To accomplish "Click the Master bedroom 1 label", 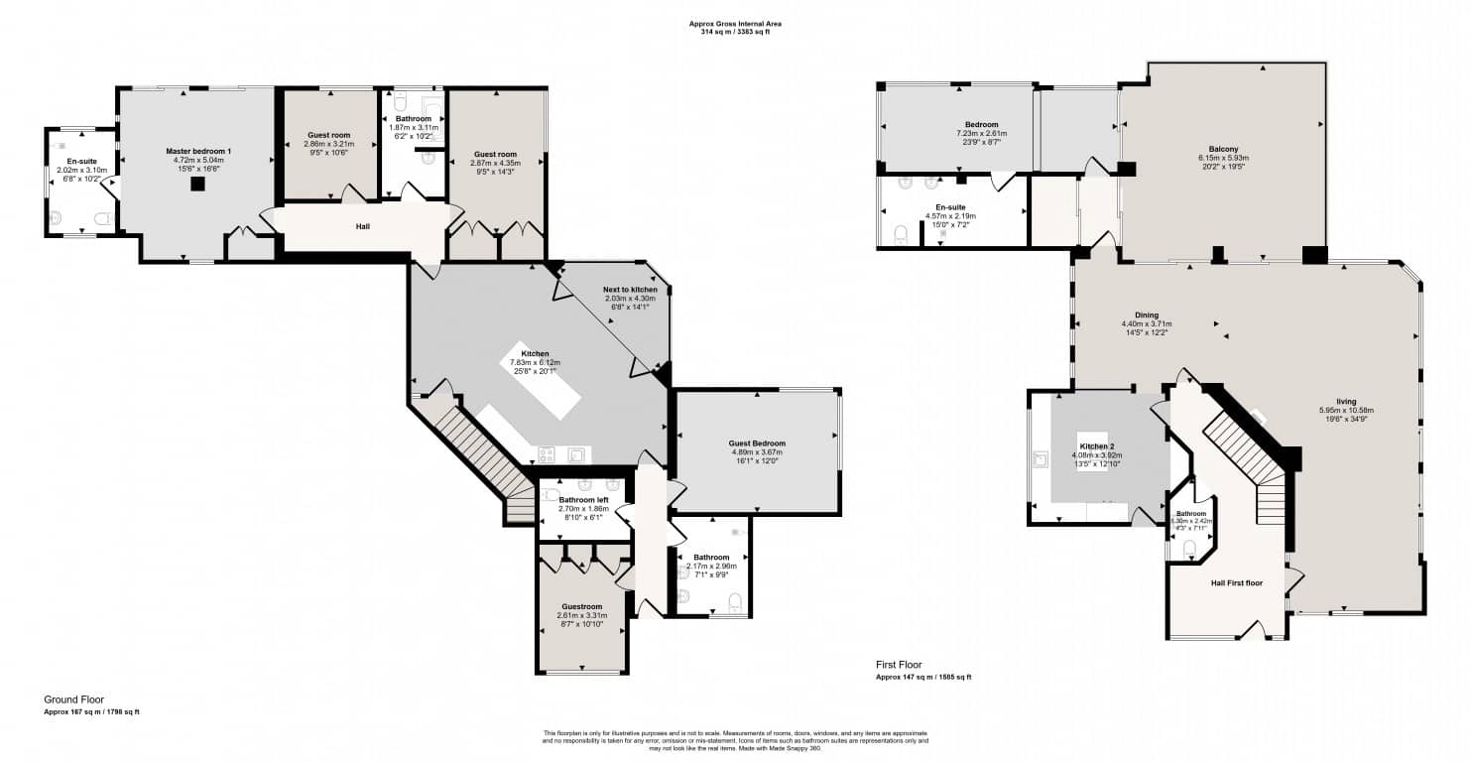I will [198, 151].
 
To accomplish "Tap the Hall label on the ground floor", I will [363, 226].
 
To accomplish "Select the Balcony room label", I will [1223, 151].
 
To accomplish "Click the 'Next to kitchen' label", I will [630, 290].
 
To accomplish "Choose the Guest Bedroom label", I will [757, 444].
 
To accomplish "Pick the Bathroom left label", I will [582, 499].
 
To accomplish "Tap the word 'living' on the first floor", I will [1345, 401].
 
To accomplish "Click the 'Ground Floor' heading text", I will [73, 699].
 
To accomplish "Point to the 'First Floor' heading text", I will [899, 664].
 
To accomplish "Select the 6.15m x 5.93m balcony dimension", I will [1223, 159].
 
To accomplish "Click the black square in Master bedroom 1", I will [198, 184].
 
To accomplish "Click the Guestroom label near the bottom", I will [581, 606].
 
